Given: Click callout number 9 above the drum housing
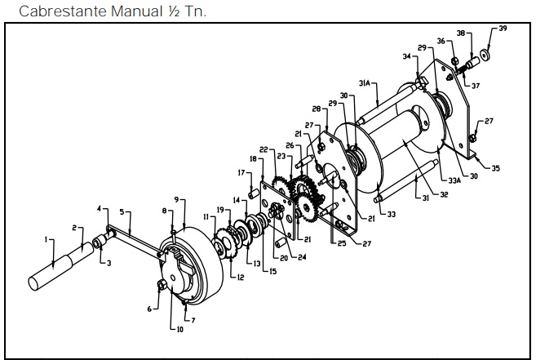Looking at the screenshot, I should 175,199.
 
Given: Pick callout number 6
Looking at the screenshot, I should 149,309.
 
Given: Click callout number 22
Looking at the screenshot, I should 264,149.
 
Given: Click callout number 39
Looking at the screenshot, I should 503,29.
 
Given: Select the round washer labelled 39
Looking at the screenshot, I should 485,54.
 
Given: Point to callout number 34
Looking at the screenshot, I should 405,56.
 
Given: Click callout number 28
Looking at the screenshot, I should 315,108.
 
